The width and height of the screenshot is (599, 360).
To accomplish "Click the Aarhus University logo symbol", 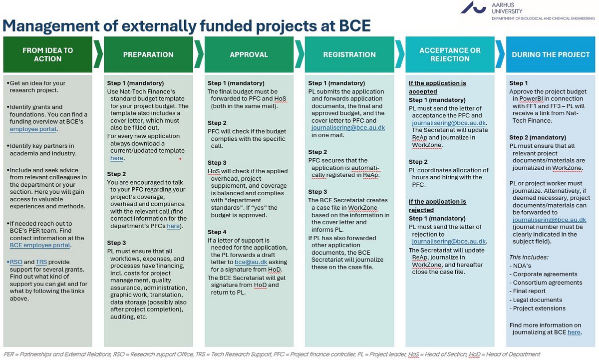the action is tap(473, 7).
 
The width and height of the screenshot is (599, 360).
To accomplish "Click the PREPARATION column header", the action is tap(148, 54).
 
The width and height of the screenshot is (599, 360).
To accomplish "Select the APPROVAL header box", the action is tap(249, 54).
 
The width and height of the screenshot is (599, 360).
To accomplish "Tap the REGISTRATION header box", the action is tap(349, 54).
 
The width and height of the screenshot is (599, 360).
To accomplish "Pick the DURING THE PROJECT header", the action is tap(551, 54).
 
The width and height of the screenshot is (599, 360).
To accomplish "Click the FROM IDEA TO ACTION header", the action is tap(47, 54).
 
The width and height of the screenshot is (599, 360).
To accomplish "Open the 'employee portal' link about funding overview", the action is tap(33, 129).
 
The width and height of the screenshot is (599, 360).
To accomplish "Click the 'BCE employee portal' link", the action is tap(40, 245).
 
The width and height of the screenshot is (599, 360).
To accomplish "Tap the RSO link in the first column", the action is tap(16, 262).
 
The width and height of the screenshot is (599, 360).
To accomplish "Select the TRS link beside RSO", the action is tap(41, 262).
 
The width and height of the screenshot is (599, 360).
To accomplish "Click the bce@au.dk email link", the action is tap(251, 262).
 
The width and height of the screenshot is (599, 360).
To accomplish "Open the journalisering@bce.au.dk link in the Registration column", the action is tap(348, 128).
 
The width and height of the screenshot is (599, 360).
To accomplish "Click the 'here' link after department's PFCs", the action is tap(173, 226).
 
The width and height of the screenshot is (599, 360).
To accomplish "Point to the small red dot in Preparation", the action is tap(181, 159).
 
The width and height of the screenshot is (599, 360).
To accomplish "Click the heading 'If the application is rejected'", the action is tap(437, 206).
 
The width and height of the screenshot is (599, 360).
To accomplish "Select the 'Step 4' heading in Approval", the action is tap(217, 232).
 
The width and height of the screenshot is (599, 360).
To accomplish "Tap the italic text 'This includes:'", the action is tap(529, 257).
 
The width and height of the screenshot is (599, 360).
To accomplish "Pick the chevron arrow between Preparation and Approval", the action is tap(199, 54).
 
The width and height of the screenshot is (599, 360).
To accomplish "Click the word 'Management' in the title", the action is tap(51, 26).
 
